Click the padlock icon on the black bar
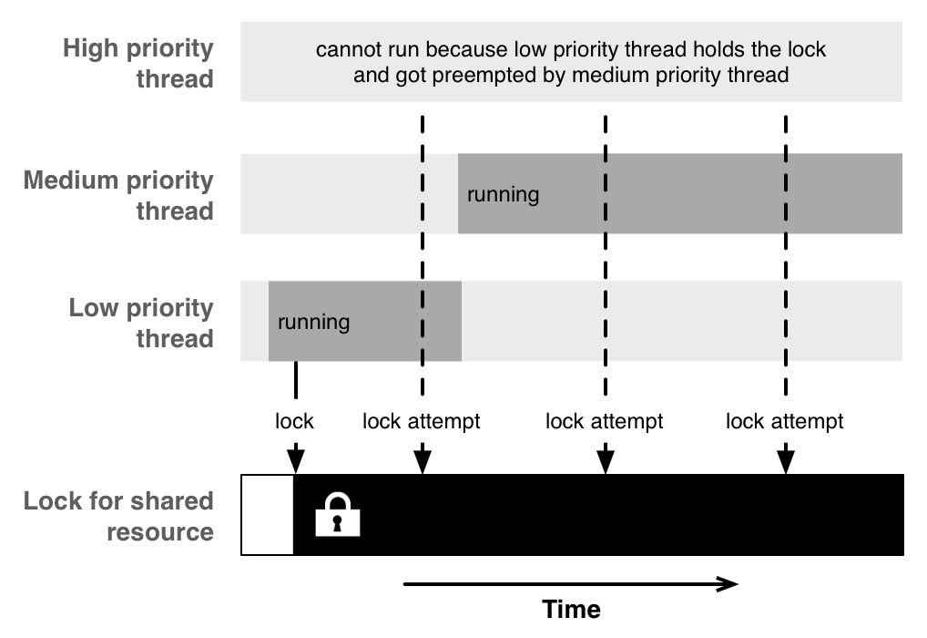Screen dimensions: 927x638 (338, 514)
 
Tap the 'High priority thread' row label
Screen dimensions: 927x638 (138, 63)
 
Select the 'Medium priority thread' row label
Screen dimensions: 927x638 (118, 195)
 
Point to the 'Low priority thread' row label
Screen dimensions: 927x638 (141, 324)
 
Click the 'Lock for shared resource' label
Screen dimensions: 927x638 (118, 516)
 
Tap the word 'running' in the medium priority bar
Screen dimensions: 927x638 (503, 195)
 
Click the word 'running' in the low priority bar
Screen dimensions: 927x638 (314, 322)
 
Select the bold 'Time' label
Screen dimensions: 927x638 (572, 609)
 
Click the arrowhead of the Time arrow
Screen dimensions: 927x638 (728, 584)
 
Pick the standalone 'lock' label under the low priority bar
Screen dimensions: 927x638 (294, 421)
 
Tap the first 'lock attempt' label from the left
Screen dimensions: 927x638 (422, 421)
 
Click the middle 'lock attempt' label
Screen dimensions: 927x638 (605, 421)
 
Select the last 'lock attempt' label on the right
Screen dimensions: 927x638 (785, 421)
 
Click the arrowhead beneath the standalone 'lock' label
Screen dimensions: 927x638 (296, 462)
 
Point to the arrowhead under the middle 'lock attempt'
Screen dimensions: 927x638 (606, 462)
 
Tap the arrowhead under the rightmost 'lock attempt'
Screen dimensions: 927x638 (786, 462)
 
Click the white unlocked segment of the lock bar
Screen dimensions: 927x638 (267, 515)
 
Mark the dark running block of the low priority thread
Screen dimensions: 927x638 (365, 321)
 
